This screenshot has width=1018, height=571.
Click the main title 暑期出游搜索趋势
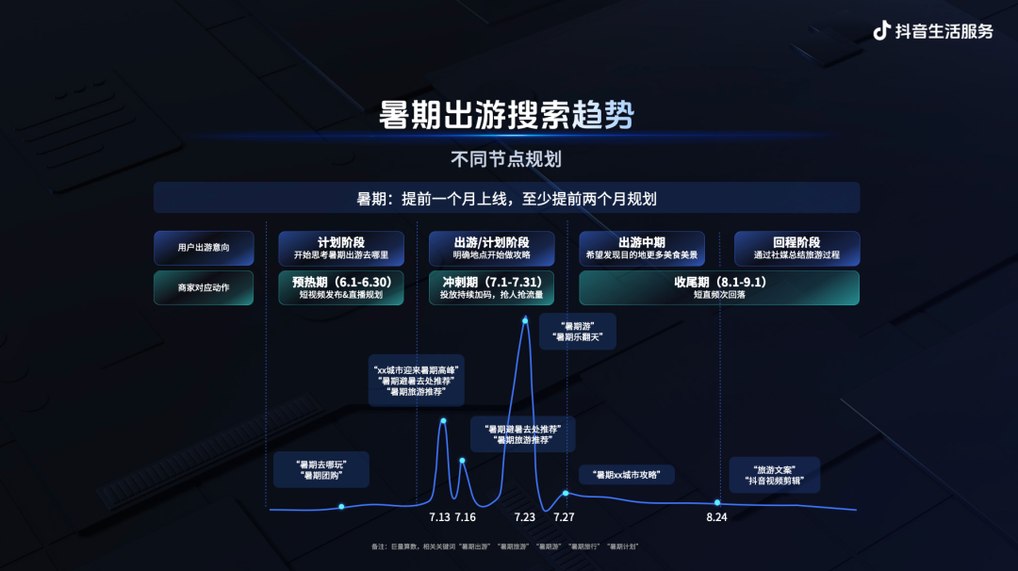(x=506, y=116)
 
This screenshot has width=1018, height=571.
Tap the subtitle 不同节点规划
(x=506, y=158)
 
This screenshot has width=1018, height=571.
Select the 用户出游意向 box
(x=203, y=248)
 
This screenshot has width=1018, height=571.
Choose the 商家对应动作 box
(x=203, y=287)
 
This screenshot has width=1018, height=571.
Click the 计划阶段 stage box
(x=341, y=249)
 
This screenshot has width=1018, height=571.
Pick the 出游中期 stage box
(x=641, y=249)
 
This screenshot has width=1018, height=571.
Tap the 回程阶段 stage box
(x=796, y=249)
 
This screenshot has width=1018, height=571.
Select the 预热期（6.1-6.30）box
(x=341, y=287)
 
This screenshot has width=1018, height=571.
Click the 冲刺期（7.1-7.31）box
(x=491, y=287)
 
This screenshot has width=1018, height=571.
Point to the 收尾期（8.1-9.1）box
(x=718, y=287)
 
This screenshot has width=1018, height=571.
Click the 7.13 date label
(x=439, y=517)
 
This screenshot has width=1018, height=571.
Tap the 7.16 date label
(x=466, y=517)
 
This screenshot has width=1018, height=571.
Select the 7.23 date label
(x=525, y=517)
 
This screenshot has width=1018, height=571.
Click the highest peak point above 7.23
(x=525, y=320)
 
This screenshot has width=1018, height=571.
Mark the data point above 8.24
(x=718, y=503)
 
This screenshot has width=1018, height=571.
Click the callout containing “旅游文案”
(x=774, y=474)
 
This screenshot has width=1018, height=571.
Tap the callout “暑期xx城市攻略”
(x=627, y=474)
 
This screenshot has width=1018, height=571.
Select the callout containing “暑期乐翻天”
(x=577, y=331)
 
